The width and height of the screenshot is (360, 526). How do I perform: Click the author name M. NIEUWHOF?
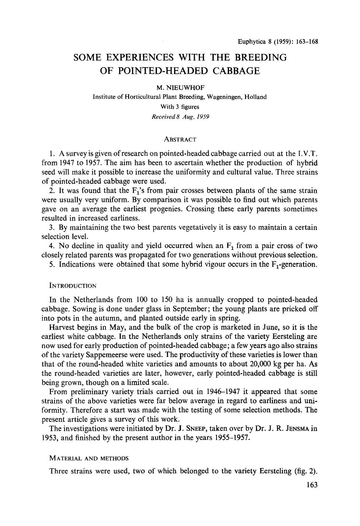coord(180,87)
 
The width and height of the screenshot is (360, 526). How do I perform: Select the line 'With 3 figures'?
coord(180,107)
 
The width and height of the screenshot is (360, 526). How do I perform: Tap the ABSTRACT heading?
coord(180,140)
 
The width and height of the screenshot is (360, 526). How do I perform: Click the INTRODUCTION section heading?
coord(73,286)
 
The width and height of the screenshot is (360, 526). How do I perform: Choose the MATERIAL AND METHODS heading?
coord(89,458)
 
